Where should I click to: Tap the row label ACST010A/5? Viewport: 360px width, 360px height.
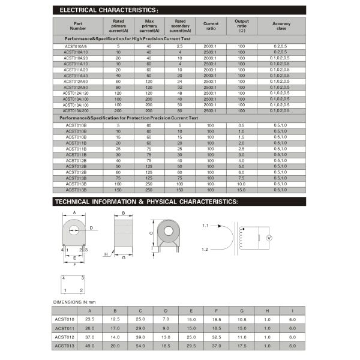pyautogui.click(x=76, y=46)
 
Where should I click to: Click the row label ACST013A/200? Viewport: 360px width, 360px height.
pyautogui.click(x=76, y=110)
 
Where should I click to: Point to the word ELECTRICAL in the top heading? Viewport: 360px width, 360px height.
pyautogui.click(x=84, y=10)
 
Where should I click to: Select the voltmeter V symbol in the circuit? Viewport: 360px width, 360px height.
pyautogui.click(x=269, y=238)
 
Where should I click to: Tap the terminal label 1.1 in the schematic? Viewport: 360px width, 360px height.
pyautogui.click(x=205, y=225)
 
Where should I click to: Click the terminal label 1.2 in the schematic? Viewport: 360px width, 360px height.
pyautogui.click(x=205, y=248)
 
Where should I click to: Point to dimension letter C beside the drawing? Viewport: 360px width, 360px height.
pyautogui.click(x=151, y=233)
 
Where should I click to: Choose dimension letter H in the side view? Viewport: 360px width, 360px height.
pyautogui.click(x=106, y=254)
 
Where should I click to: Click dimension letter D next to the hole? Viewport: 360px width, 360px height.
pyautogui.click(x=91, y=228)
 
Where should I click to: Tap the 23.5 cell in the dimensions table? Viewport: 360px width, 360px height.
pyautogui.click(x=90, y=319)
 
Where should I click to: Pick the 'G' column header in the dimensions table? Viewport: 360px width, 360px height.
pyautogui.click(x=241, y=310)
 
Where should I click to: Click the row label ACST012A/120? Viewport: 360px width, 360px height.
pyautogui.click(x=76, y=93)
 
